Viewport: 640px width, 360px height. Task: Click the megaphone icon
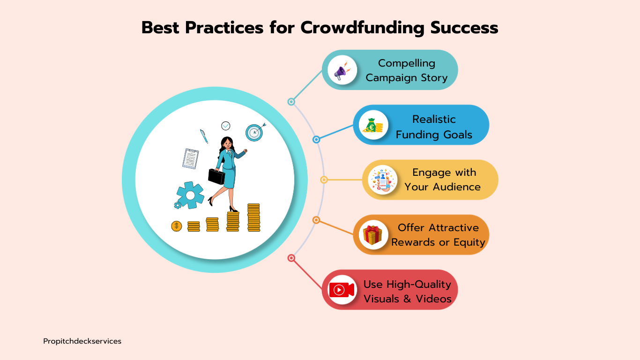pos(342,71)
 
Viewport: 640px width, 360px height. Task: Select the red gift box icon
pos(372,235)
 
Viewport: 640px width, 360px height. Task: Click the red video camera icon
pos(342,290)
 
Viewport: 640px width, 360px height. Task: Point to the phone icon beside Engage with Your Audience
pos(382,180)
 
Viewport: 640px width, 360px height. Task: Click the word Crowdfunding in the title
pos(363,28)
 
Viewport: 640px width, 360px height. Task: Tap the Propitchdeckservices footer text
pos(82,341)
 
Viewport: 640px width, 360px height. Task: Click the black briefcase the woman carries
pos(216,176)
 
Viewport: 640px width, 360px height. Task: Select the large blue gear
pos(190,195)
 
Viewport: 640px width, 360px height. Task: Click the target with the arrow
pos(254,132)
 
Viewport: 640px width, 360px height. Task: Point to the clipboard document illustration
pos(191,159)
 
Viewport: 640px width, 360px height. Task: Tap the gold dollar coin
pos(177,226)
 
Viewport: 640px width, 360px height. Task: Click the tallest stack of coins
pos(254,217)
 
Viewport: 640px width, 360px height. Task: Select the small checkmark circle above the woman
pos(226,126)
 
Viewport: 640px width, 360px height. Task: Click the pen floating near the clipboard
pos(204,136)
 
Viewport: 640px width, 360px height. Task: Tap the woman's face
pos(228,143)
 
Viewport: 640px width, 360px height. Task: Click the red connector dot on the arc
pos(291,258)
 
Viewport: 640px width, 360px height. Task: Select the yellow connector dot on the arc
pos(324,180)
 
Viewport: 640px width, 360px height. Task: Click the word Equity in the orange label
pos(469,242)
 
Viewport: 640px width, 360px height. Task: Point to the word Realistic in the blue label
pos(434,119)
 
